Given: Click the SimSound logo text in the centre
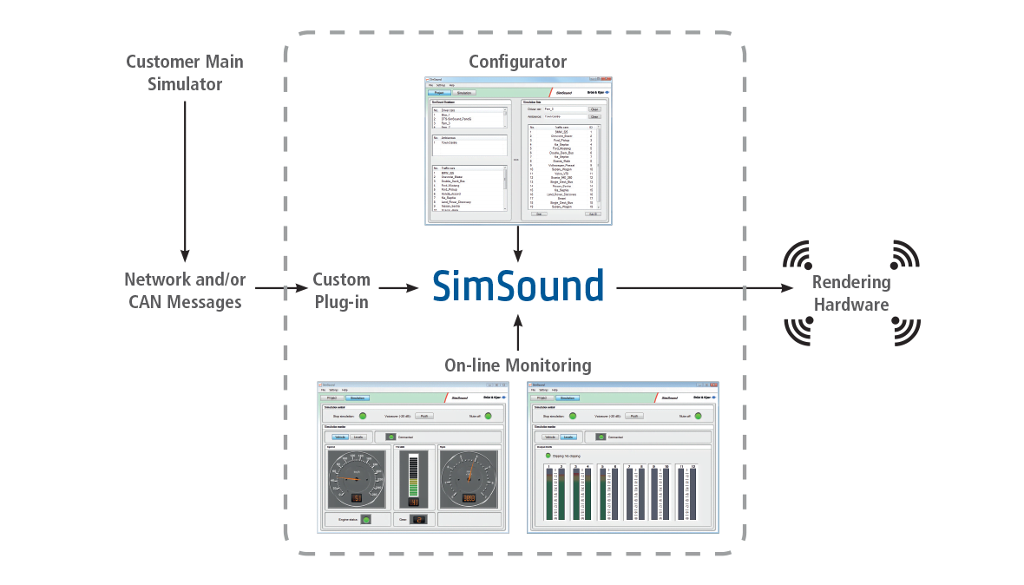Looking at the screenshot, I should pos(517,286).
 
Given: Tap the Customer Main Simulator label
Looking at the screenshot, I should pos(185,73).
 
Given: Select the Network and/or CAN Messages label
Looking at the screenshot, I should pos(184,291).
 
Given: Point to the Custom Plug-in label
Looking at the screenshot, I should pos(341,291).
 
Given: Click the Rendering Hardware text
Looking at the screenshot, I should pos(851,293).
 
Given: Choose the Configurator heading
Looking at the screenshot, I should pos(517,62).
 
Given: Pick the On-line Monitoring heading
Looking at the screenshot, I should pos(517,365).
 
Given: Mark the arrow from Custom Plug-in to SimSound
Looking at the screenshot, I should pos(397,288).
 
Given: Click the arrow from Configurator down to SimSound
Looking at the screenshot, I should pos(517,242).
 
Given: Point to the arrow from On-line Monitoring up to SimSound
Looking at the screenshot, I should pos(517,333).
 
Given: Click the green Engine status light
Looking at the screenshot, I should pos(365,519).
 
